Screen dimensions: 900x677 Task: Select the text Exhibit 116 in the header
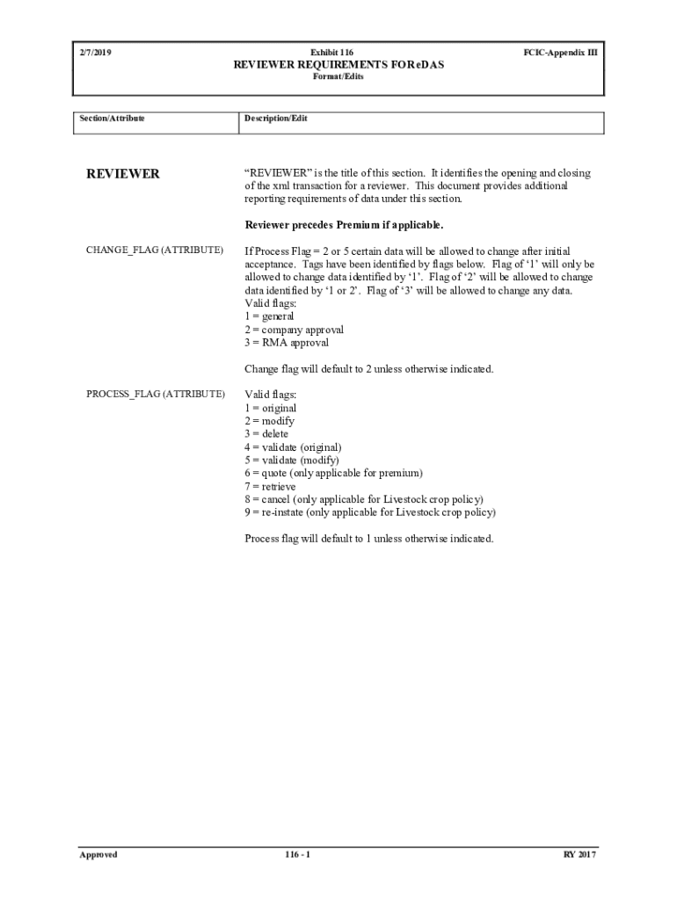tap(338, 53)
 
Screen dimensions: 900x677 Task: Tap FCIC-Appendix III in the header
tap(560, 53)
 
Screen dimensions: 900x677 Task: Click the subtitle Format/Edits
tap(338, 76)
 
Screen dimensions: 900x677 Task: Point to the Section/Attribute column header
tap(113, 118)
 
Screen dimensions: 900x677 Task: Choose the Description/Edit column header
tap(276, 118)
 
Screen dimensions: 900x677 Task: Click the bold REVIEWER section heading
tap(122, 174)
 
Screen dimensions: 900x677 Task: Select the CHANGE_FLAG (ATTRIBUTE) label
tap(155, 250)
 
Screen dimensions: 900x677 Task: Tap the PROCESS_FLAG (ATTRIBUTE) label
tap(156, 394)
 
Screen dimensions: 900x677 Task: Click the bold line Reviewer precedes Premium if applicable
tap(345, 224)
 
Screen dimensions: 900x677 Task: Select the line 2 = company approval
tap(294, 330)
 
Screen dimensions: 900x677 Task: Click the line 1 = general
tap(269, 316)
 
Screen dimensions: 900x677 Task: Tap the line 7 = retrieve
tap(270, 486)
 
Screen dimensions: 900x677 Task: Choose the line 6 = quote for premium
tap(333, 473)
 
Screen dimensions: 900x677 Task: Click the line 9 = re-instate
tap(370, 512)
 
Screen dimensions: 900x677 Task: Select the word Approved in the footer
tap(98, 854)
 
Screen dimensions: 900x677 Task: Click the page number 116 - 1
tap(298, 854)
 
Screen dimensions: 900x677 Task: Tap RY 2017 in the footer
tap(580, 854)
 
